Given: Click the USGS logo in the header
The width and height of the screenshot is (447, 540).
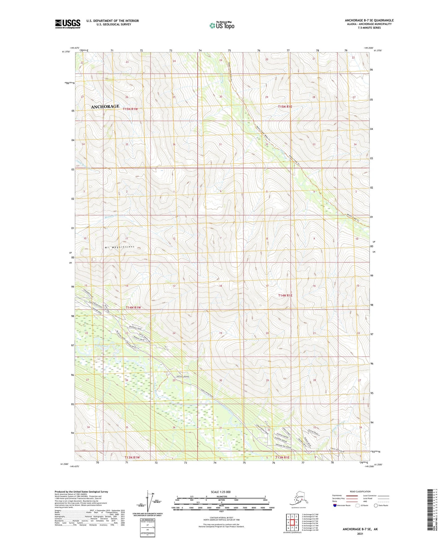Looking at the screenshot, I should (x=67, y=24).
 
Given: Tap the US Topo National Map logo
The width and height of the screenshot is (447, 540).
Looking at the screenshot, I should (x=221, y=25).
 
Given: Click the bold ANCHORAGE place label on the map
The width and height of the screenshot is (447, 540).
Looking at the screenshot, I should (x=105, y=106).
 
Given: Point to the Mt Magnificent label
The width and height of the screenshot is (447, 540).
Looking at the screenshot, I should (x=120, y=247).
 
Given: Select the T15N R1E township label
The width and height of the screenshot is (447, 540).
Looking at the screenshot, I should (x=285, y=107).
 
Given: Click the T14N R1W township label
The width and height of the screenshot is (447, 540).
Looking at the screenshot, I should (x=133, y=307).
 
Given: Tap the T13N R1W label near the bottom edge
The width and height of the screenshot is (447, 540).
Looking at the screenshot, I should (x=132, y=457).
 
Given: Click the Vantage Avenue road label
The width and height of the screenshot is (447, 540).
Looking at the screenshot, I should (x=182, y=376).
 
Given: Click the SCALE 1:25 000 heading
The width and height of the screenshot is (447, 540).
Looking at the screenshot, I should (x=221, y=492).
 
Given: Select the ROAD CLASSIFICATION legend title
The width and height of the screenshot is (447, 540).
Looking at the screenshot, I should (x=360, y=491).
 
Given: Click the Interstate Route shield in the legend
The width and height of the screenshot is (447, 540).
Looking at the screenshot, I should (x=335, y=505).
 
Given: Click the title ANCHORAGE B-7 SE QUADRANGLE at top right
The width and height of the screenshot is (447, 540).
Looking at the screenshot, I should (x=369, y=20).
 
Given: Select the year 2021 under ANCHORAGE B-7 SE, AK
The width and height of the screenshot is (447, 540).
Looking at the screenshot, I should (x=360, y=534).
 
